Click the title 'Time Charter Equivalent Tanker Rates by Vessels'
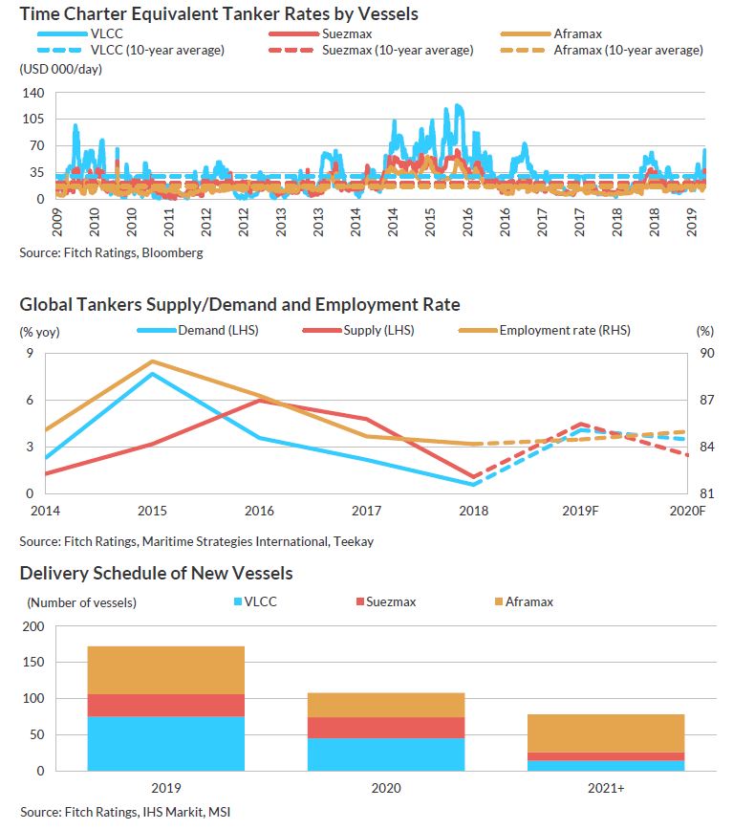[219, 14]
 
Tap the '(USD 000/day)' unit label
[60, 69]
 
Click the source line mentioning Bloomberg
[111, 253]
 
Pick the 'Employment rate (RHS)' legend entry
[564, 331]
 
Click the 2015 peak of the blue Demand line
[152, 373]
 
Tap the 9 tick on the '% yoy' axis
[28, 354]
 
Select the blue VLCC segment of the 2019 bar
[165, 743]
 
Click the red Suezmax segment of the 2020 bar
[385, 728]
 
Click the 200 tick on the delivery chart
[32, 626]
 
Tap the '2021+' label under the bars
[605, 790]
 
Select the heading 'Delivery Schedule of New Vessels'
[156, 574]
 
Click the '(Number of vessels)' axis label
[81, 602]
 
